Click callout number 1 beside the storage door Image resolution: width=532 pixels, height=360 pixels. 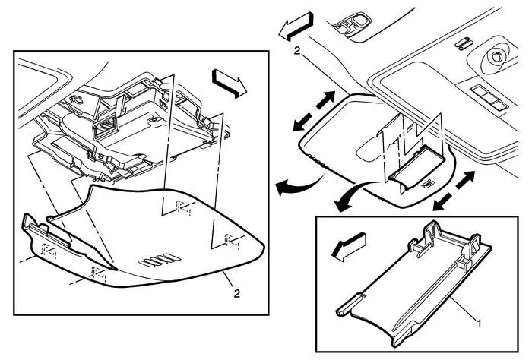pos(479,324)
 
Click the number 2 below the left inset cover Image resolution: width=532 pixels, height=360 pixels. pos(237,293)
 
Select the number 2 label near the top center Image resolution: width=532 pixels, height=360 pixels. pos(297,51)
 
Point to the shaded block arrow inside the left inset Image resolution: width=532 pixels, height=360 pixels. pos(230,83)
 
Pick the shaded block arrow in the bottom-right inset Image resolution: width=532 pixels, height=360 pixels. pos(347,246)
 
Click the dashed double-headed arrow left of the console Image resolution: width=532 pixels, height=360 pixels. pos(314,111)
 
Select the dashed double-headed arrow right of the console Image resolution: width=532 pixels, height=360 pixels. pos(454,190)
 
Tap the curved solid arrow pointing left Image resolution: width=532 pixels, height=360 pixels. pos(299,185)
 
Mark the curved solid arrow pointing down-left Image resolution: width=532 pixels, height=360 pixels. pos(353,196)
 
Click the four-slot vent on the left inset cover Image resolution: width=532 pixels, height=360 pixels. pos(159,260)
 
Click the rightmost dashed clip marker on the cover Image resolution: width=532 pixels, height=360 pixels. pos(232,242)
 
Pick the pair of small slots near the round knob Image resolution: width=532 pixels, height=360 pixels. pos(463,43)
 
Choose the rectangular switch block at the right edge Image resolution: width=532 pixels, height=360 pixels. pos(488,98)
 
